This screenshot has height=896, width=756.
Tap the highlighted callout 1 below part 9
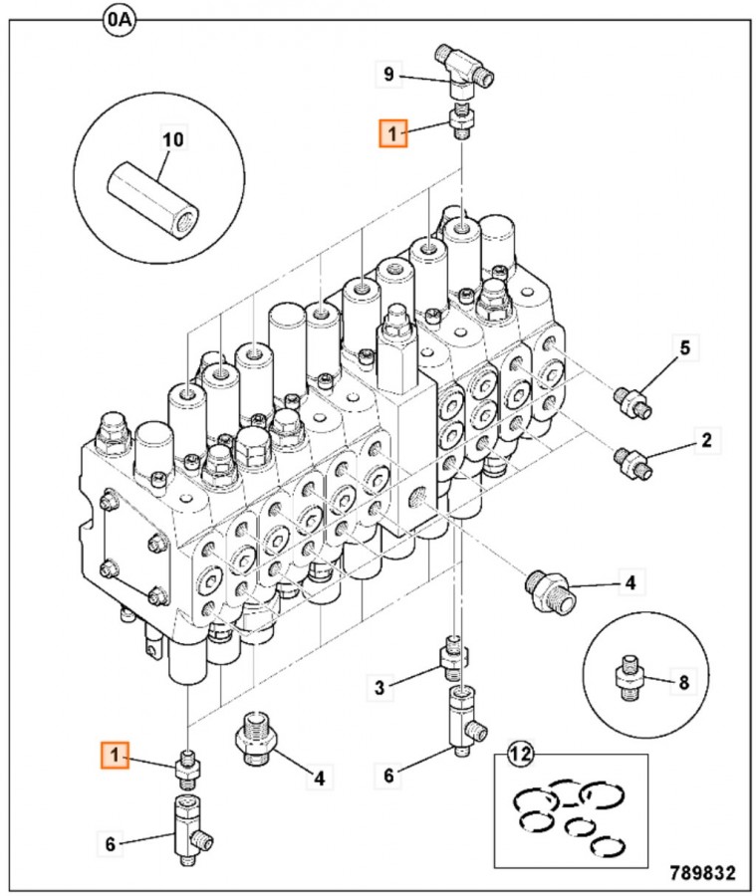(x=392, y=132)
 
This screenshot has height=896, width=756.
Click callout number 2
(x=705, y=437)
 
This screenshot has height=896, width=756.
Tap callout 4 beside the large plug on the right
(x=630, y=580)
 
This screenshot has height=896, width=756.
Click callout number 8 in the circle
(x=683, y=683)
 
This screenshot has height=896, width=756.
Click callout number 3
(x=378, y=686)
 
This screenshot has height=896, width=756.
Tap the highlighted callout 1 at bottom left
(x=116, y=757)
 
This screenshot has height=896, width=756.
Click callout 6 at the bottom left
(x=111, y=844)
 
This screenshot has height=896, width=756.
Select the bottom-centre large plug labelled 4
(x=256, y=741)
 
